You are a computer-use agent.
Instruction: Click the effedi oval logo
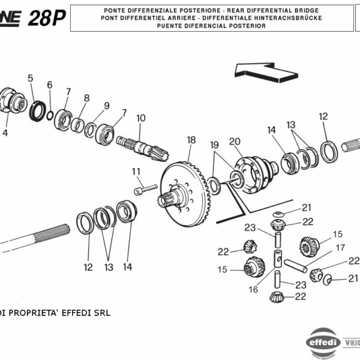coord(323,344)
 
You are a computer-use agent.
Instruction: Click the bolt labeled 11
coord(140,190)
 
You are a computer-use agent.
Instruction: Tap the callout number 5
coord(30,78)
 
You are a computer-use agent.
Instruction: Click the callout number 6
coord(50,85)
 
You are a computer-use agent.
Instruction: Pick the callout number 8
coord(86,98)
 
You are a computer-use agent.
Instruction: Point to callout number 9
coord(106,106)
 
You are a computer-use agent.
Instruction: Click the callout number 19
coord(215,145)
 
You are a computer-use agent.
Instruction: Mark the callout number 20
coord(235,141)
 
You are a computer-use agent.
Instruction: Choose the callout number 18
coord(191,140)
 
